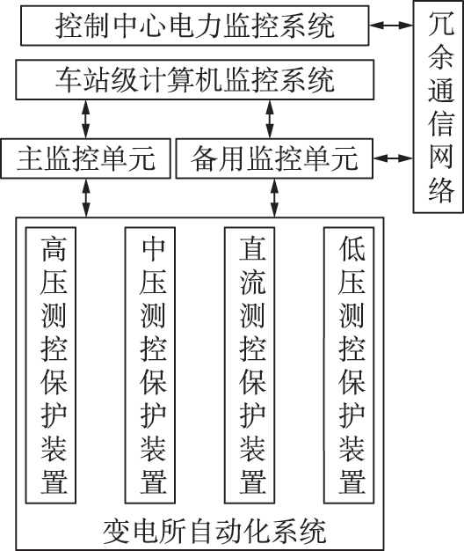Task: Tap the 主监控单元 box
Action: pyautogui.click(x=86, y=158)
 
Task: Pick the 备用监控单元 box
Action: pyautogui.click(x=274, y=158)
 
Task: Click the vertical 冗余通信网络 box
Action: pyautogui.click(x=438, y=106)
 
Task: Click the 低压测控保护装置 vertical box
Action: pyautogui.click(x=352, y=364)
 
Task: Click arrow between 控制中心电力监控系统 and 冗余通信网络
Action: pyautogui.click(x=391, y=26)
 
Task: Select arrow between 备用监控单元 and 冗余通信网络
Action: pyautogui.click(x=391, y=159)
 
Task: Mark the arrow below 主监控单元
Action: pyautogui.click(x=86, y=196)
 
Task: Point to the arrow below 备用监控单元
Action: pyautogui.click(x=274, y=196)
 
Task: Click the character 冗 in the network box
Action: pyautogui.click(x=438, y=24)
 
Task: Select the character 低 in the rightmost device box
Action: pyautogui.click(x=352, y=250)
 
